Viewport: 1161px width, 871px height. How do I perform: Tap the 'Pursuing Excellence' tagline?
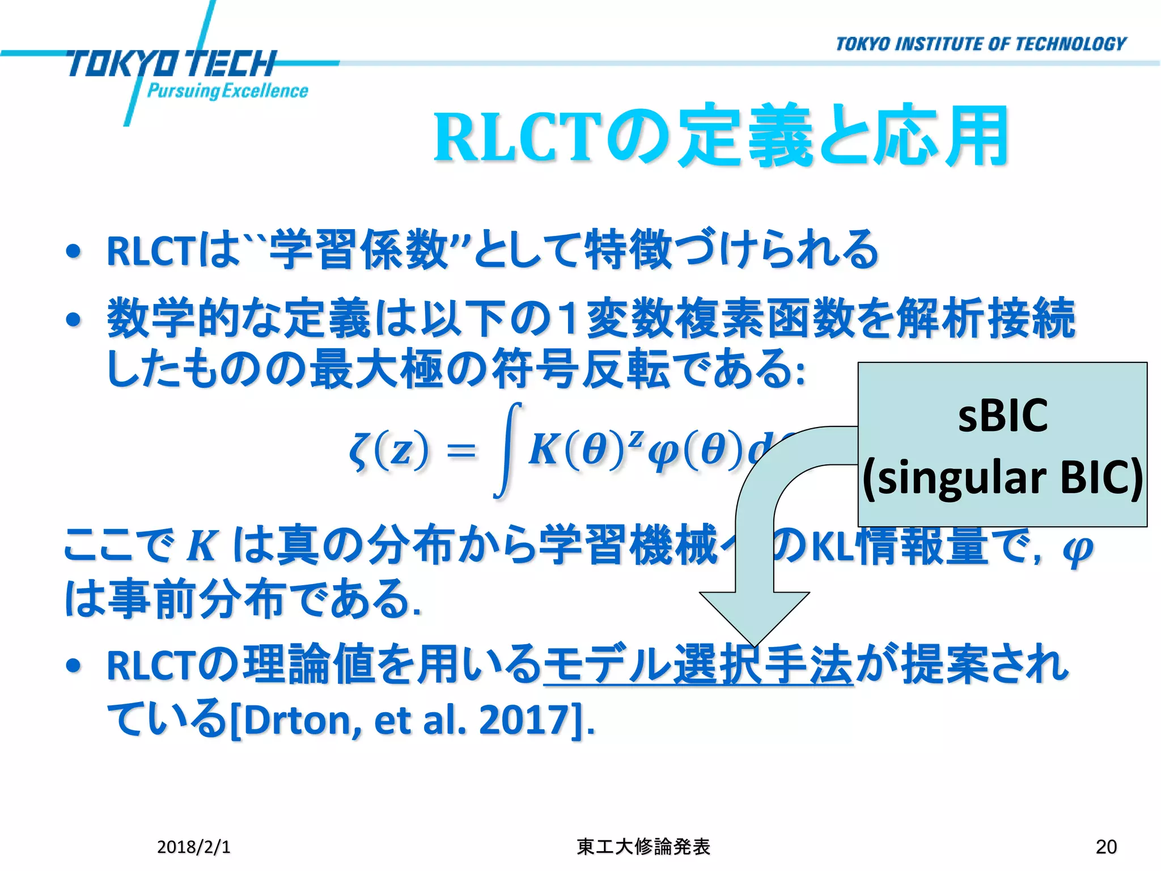pyautogui.click(x=227, y=91)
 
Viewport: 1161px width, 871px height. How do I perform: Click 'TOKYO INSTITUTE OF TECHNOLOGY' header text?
pyautogui.click(x=980, y=44)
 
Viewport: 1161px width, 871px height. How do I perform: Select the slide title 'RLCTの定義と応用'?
pyautogui.click(x=721, y=137)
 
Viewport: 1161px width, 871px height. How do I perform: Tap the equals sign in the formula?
pyautogui.click(x=461, y=452)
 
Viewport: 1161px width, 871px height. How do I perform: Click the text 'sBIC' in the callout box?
pyautogui.click(x=1002, y=415)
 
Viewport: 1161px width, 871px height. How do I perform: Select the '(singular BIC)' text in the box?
pyautogui.click(x=1002, y=477)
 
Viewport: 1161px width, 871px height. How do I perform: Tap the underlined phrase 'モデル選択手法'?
pyautogui.click(x=698, y=664)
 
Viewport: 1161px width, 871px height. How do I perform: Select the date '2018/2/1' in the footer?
pyautogui.click(x=193, y=847)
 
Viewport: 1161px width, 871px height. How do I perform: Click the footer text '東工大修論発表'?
pyautogui.click(x=643, y=847)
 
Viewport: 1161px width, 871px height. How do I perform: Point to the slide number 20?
pyautogui.click(x=1106, y=847)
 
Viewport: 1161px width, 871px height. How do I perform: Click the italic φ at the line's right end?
pyautogui.click(x=1078, y=548)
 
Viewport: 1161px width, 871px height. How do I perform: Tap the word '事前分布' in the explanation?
pyautogui.click(x=196, y=599)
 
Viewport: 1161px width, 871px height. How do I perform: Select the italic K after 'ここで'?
pyautogui.click(x=202, y=547)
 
